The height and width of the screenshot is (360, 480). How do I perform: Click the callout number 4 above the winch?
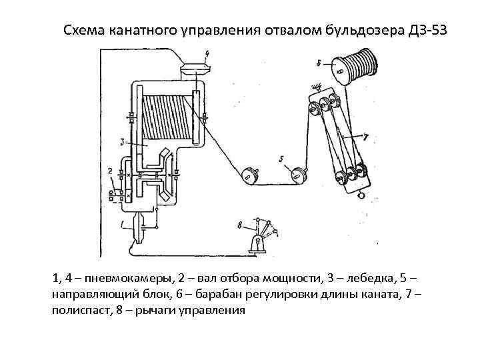207,53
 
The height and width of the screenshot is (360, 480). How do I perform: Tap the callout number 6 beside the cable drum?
319,63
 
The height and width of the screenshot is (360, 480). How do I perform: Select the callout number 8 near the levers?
239,224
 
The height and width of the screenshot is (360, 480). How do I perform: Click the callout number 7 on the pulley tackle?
365,137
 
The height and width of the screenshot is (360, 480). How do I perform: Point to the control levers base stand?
255,247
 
